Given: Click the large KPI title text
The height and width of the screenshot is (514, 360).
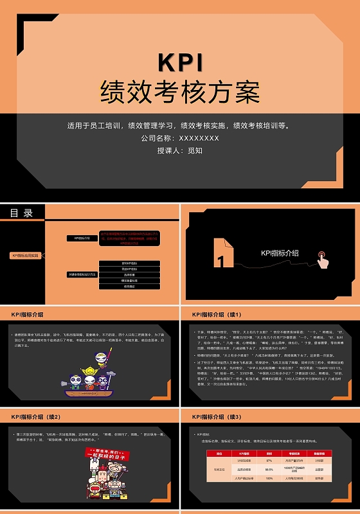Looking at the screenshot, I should click(x=180, y=62).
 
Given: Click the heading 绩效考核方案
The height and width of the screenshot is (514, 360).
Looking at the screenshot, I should click(x=180, y=93).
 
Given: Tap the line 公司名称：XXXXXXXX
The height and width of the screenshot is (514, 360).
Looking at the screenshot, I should click(x=180, y=138).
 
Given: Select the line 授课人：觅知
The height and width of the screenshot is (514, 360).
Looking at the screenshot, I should click(x=180, y=151).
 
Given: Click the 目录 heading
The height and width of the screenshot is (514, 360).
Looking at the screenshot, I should click(x=21, y=213).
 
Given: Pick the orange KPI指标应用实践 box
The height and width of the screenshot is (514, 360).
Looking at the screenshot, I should click(x=25, y=255).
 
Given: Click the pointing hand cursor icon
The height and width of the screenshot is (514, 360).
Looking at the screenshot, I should click(x=323, y=260).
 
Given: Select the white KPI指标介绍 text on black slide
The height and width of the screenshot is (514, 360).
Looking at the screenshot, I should click(x=280, y=253).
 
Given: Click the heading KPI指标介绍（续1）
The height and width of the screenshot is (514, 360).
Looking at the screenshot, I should click(x=216, y=315).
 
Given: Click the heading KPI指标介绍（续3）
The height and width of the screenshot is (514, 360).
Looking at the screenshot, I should click(x=216, y=417).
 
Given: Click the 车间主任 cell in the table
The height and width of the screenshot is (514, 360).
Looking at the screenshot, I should click(x=220, y=469).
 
